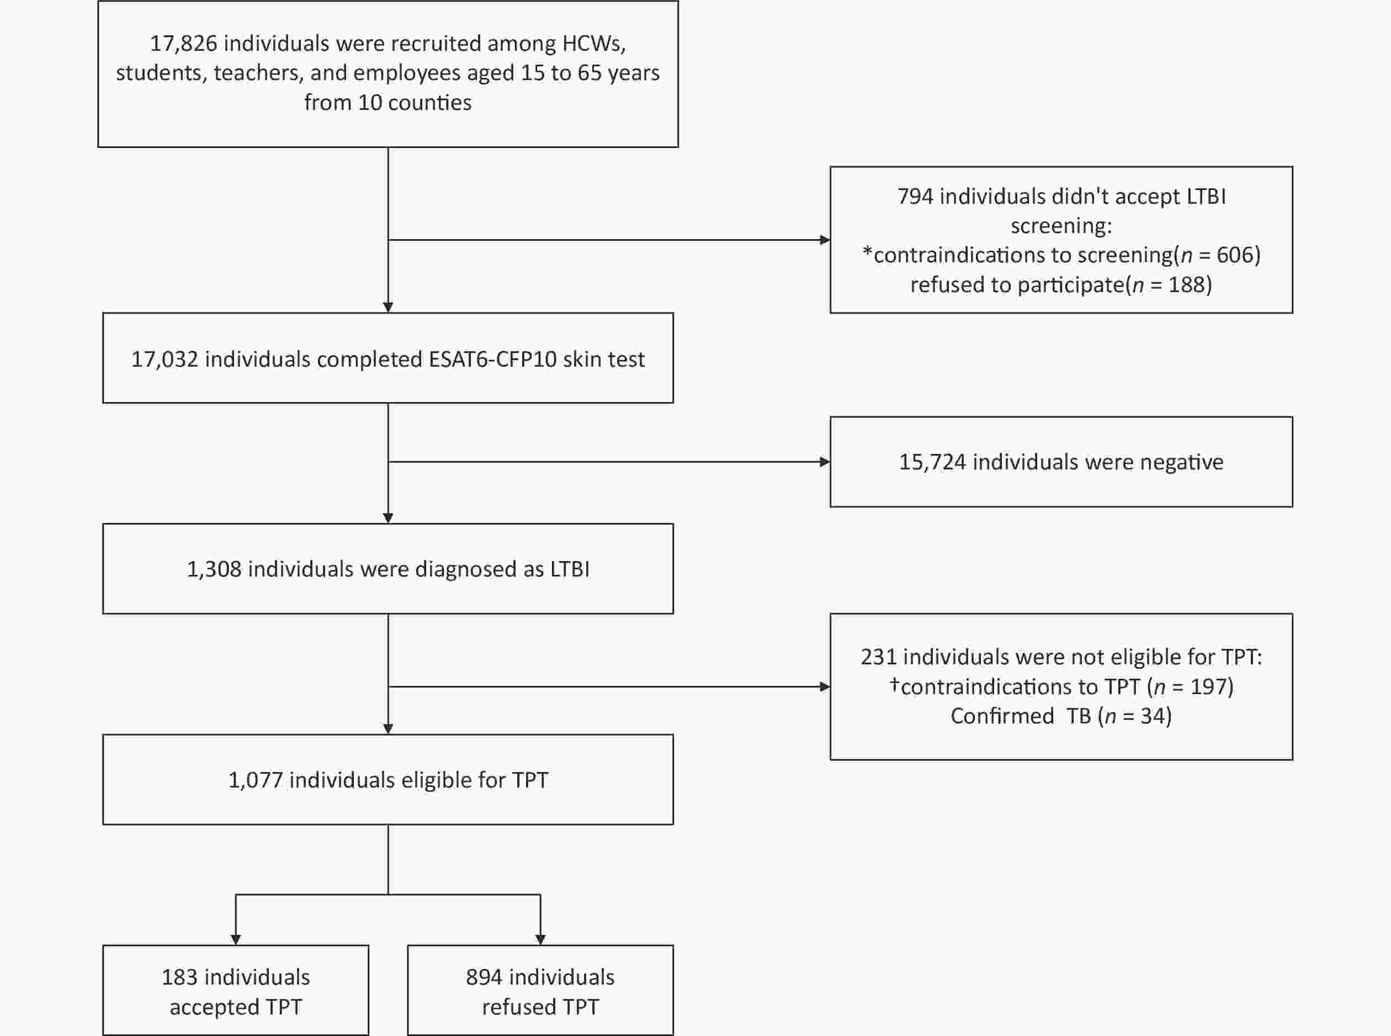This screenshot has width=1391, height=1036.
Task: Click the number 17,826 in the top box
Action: pos(183,44)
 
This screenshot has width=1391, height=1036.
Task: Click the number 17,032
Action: pos(164,360)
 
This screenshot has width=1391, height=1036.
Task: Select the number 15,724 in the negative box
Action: pos(933,462)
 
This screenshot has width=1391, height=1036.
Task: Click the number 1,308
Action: pos(214,569)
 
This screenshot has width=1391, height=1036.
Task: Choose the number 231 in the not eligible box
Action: pos(878,657)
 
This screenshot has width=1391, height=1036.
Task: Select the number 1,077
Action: pos(256,780)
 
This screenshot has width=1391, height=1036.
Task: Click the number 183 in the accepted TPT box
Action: pos(179,977)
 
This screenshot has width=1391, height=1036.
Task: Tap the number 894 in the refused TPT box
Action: pos(484,977)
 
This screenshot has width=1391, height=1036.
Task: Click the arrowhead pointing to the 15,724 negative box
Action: pos(825,462)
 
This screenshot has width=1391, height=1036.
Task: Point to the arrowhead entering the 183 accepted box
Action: pos(236,939)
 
